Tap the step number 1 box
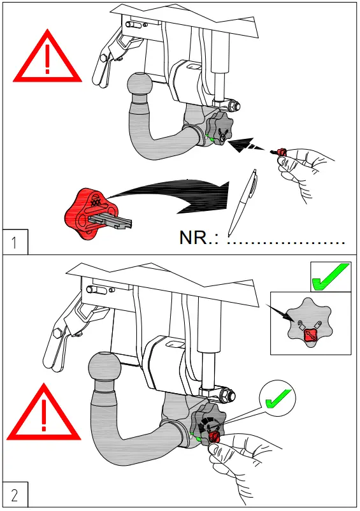(x=14, y=243)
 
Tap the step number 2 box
(x=14, y=495)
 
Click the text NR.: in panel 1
(x=200, y=239)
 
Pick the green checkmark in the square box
(x=330, y=277)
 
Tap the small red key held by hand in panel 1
(x=278, y=152)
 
